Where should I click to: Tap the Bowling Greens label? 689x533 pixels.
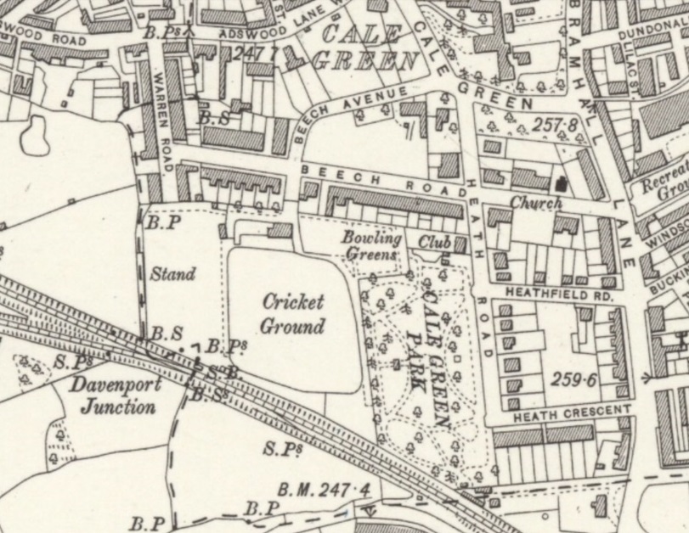372,245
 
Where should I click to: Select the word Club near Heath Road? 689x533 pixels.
434,243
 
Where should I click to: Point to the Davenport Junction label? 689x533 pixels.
117,396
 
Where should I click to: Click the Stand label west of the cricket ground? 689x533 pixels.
172,274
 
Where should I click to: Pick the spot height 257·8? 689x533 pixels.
560,126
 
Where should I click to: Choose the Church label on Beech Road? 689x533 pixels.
536,204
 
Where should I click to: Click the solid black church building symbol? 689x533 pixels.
560,184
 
